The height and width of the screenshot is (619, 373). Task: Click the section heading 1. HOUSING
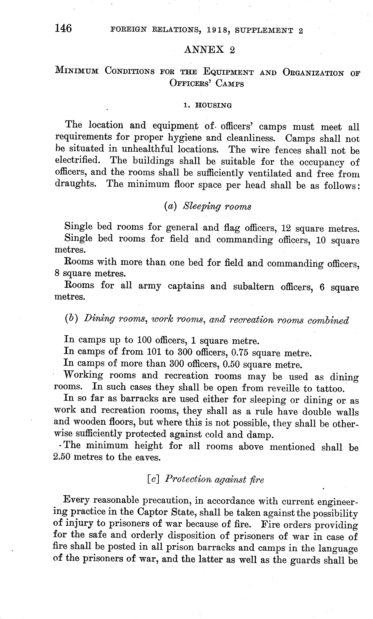point(208,106)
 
